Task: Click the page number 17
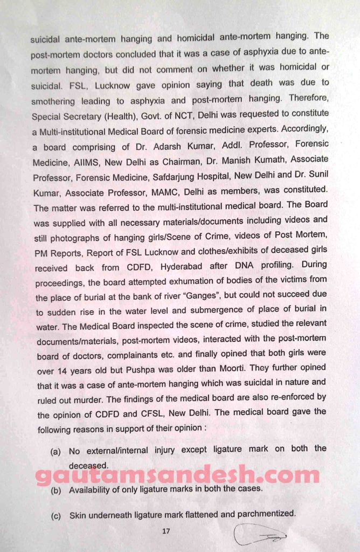coord(166,532)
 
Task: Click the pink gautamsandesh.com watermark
coord(178,475)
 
